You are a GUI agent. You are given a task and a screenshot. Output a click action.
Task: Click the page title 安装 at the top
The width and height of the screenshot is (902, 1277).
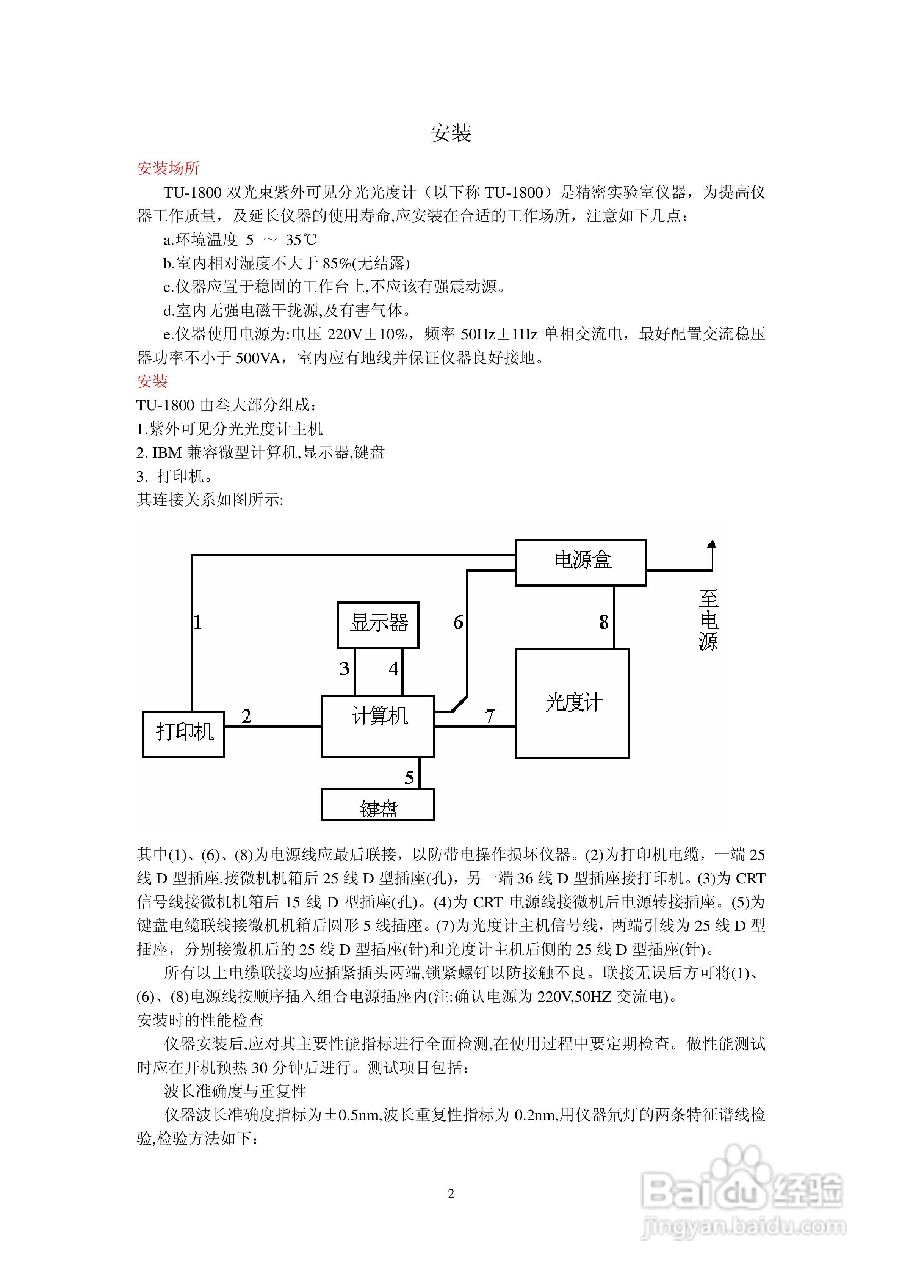point(451,133)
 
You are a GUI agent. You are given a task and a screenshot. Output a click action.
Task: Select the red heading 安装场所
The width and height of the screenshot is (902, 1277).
point(168,168)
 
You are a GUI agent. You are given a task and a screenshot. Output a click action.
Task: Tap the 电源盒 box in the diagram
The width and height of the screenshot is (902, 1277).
point(581,562)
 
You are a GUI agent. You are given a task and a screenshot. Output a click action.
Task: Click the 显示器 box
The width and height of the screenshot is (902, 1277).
point(378,624)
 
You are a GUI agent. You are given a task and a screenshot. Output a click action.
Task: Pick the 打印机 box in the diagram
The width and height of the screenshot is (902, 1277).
point(183,734)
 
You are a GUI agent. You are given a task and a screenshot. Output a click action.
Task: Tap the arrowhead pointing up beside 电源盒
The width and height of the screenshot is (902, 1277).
point(712,544)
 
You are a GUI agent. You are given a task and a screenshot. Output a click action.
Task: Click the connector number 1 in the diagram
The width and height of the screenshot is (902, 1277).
point(197,622)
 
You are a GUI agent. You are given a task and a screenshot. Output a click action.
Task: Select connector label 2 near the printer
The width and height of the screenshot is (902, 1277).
point(246,716)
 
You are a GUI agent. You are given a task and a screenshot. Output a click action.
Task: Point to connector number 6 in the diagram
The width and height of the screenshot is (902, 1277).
point(458,622)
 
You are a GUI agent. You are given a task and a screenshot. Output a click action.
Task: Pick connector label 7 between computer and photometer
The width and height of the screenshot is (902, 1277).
point(489,716)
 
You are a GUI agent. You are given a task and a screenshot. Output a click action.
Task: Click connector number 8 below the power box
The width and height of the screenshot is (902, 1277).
point(604,622)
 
